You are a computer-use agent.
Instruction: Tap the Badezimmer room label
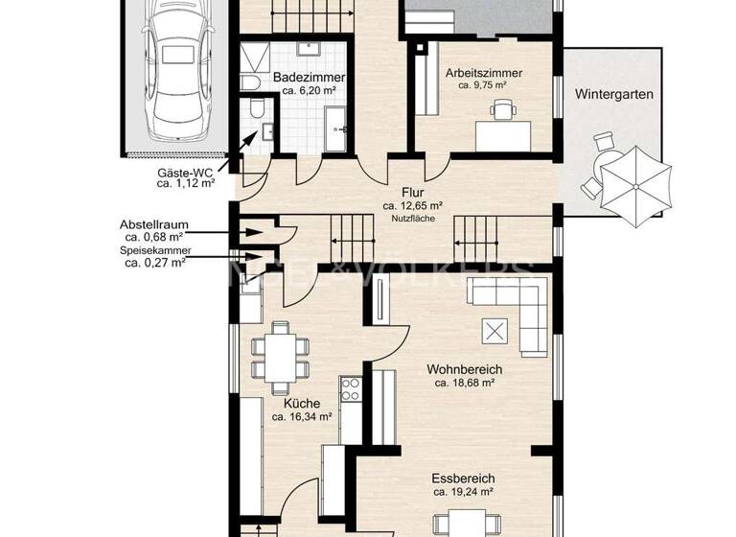tap(308, 78)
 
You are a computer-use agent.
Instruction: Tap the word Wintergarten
tap(614, 95)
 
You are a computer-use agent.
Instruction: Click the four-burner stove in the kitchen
tap(351, 390)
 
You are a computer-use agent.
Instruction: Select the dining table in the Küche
tap(280, 355)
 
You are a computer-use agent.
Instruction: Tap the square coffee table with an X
tap(495, 331)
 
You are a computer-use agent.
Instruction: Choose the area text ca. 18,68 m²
tap(464, 383)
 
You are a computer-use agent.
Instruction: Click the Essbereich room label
tap(464, 478)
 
